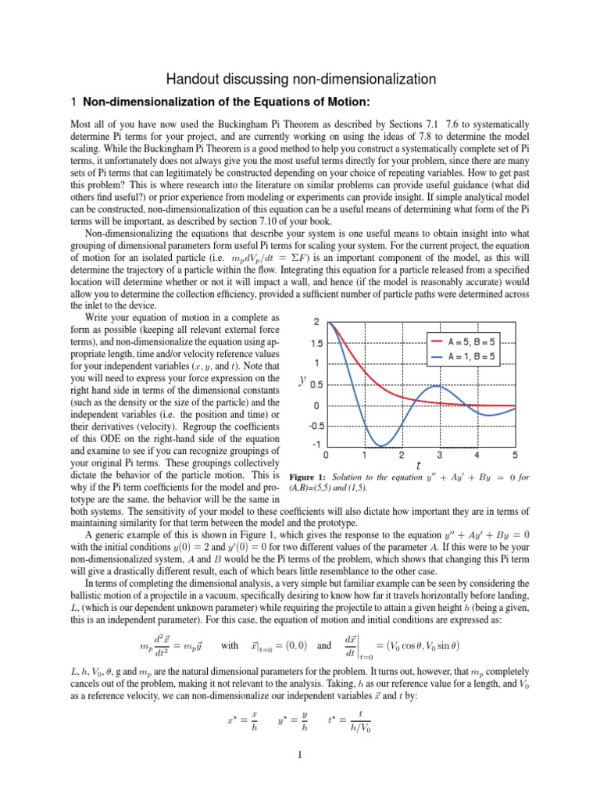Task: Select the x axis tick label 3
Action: coord(439,455)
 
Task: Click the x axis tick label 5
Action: coord(515,455)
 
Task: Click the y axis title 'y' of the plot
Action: coord(302,380)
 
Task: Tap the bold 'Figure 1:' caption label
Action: coord(310,477)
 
